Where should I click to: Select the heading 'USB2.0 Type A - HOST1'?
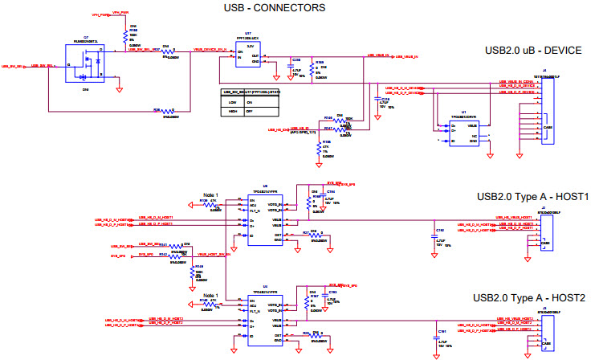coord(532,197)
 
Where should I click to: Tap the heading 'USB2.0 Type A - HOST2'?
coord(532,297)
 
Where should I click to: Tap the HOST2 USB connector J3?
coord(545,328)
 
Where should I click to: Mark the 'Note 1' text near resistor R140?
coord(210,296)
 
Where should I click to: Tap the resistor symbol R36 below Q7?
coord(168,111)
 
